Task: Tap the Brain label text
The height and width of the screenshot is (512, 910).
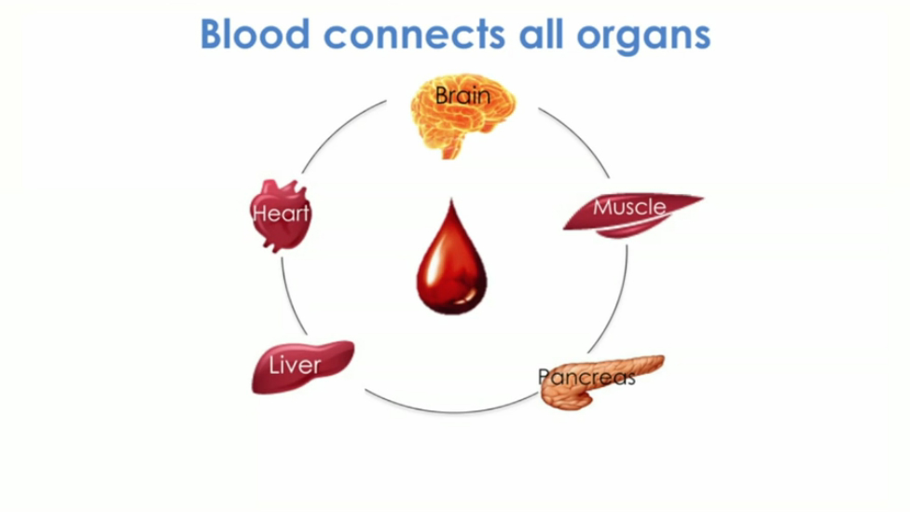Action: tap(462, 95)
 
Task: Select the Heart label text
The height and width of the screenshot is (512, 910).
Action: tap(281, 214)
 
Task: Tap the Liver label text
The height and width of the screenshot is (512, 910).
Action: tap(294, 365)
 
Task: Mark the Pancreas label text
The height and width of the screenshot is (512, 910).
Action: tap(586, 377)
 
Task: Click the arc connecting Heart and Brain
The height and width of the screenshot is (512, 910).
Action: tap(341, 131)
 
